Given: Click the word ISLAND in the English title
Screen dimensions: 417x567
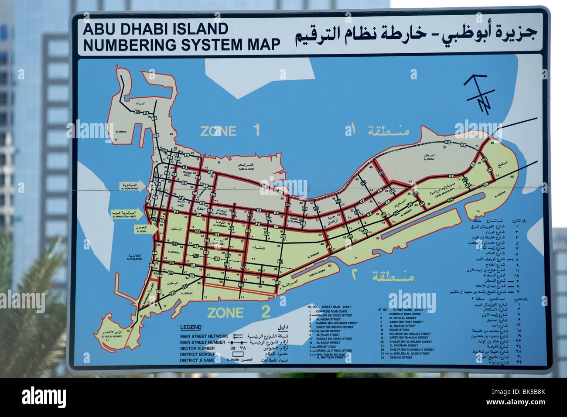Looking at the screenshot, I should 204,29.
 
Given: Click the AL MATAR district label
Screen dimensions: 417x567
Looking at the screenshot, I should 428,160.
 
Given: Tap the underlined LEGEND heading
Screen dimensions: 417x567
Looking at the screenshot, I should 191,327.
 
